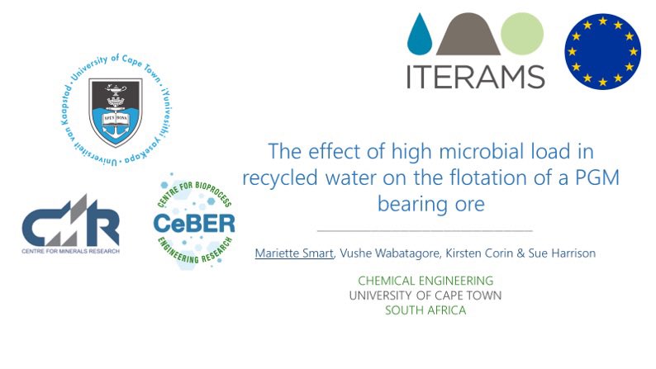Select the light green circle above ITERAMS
point(521,35)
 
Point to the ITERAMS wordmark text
point(474,75)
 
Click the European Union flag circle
point(603,51)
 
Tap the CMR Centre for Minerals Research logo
point(70,229)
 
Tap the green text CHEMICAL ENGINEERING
point(425,281)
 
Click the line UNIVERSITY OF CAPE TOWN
point(425,296)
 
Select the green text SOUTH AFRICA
point(425,310)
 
